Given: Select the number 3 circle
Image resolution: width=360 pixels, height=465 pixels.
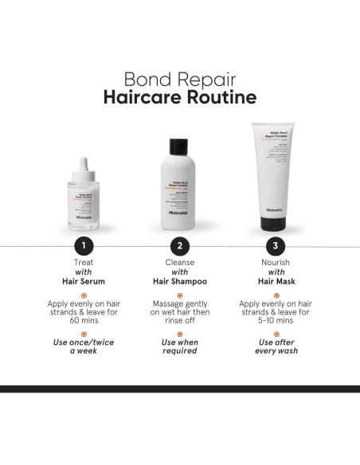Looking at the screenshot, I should pyautogui.click(x=276, y=245).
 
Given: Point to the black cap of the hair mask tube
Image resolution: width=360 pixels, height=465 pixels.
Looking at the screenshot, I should pyautogui.click(x=276, y=229).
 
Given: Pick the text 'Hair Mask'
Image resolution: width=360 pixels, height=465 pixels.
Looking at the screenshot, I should pyautogui.click(x=276, y=281).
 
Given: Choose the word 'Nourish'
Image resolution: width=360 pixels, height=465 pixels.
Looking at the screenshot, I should pyautogui.click(x=276, y=261).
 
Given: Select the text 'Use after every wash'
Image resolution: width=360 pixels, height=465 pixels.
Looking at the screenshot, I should pyautogui.click(x=276, y=346).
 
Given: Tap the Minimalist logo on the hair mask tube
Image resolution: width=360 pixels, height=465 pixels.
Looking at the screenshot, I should pyautogui.click(x=273, y=211).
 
